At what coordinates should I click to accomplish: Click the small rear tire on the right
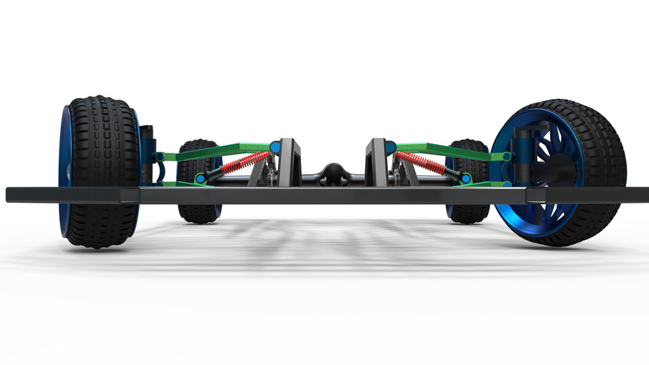[x=468, y=210]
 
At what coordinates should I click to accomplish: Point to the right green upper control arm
[x=446, y=151]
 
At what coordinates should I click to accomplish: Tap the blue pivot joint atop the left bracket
[x=275, y=147]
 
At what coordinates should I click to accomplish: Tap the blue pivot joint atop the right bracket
[x=390, y=147]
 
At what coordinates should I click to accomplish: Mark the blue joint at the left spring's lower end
[x=200, y=178]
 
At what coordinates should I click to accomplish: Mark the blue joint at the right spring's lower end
[x=466, y=178]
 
